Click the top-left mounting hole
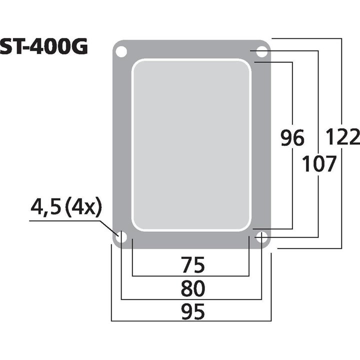coord(121,51)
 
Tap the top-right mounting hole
coord(261,51)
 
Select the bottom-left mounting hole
coord(121,237)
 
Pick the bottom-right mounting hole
coord(261,237)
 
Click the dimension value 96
coord(292,138)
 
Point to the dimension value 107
coord(318,164)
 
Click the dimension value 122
coord(342,136)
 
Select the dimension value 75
coord(191,265)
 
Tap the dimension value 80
coord(191,289)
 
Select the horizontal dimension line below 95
coord(190,321)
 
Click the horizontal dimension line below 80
coord(190,299)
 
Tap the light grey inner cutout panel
coord(191,144)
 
